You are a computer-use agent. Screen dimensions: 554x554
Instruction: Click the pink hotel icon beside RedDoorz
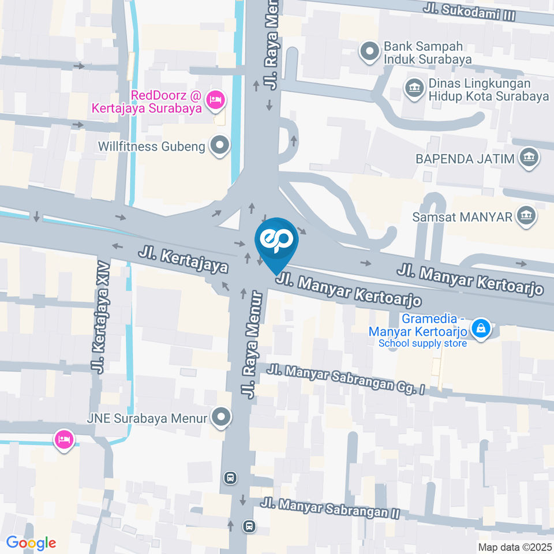click(x=215, y=100)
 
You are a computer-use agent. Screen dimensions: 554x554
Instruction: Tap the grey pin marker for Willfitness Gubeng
click(x=219, y=145)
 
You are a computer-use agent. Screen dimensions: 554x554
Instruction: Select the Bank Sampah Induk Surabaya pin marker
click(x=368, y=52)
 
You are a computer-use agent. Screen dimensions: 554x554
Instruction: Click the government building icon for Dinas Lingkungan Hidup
click(x=413, y=88)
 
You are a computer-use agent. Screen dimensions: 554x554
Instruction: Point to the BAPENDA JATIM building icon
click(x=529, y=158)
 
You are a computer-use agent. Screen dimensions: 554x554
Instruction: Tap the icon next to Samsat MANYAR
click(x=526, y=217)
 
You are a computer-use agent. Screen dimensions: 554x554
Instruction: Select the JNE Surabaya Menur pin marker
click(x=220, y=418)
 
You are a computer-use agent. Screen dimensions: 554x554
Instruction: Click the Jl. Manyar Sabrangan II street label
click(x=330, y=508)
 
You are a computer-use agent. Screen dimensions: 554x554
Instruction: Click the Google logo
click(x=31, y=542)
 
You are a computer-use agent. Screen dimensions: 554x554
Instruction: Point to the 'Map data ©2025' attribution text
click(x=514, y=546)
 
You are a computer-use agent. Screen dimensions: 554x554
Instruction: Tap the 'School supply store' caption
click(x=422, y=344)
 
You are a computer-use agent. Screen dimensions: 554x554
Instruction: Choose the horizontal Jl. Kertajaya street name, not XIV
click(x=183, y=259)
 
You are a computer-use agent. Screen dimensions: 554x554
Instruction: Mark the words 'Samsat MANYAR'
click(x=462, y=218)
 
